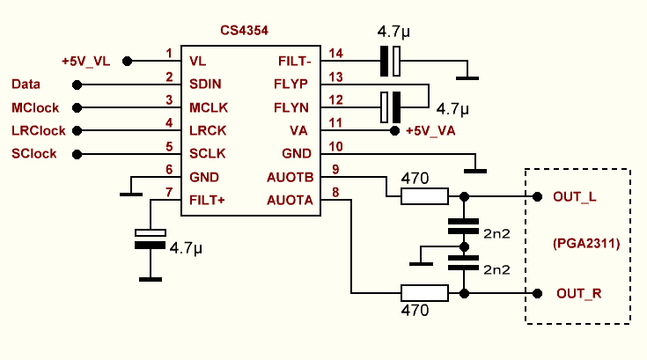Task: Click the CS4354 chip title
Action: point(244,30)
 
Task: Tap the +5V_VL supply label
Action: point(86,62)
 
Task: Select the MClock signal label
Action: point(36,107)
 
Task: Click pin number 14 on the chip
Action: point(335,54)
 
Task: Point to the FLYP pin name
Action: point(290,84)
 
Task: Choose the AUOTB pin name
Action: point(290,177)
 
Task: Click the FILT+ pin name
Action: point(208,200)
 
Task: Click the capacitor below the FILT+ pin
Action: point(151,238)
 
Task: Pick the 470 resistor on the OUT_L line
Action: point(424,196)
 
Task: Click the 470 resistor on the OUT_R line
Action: point(424,292)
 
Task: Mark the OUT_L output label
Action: point(575,196)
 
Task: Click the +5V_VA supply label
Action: point(432,131)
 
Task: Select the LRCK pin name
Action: point(209,130)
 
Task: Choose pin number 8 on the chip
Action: point(335,193)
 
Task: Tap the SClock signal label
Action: point(34,154)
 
